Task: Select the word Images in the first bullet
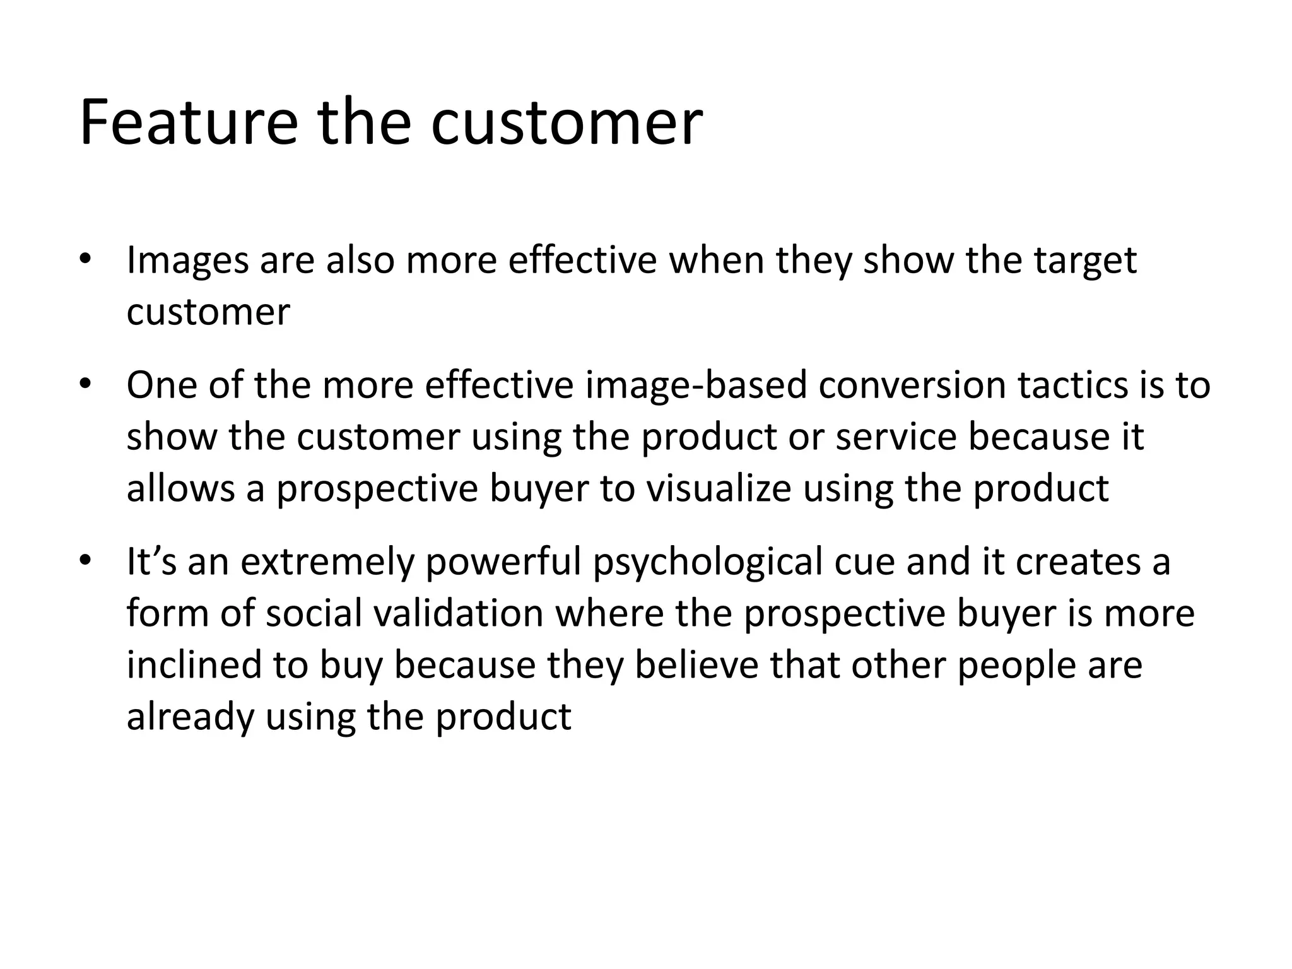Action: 187,261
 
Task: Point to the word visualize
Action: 719,488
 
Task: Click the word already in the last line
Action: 190,717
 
